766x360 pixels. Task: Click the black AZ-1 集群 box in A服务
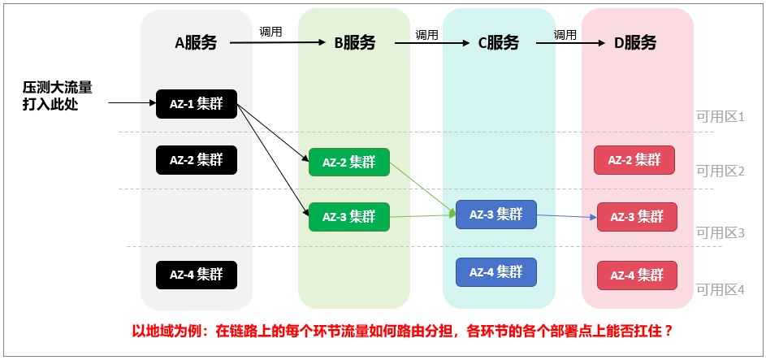coord(197,103)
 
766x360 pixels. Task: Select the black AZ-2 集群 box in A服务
coord(197,159)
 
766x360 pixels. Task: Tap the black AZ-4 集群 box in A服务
coord(197,275)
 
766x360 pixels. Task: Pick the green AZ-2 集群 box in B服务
coord(349,162)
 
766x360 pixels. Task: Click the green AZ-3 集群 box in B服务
coord(349,217)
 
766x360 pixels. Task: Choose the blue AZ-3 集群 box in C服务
coord(496,214)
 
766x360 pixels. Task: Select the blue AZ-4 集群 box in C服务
coord(496,271)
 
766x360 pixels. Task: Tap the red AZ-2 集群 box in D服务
coord(634,160)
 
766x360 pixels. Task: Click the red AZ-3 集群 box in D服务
coord(636,217)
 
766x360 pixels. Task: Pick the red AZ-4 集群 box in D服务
coord(636,275)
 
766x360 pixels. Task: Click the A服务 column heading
coord(197,43)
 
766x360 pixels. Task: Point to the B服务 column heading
coord(355,43)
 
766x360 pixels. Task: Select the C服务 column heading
coord(498,43)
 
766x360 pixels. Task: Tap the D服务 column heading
coord(635,43)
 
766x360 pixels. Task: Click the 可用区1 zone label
coord(721,117)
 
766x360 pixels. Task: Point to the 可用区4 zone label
coord(721,289)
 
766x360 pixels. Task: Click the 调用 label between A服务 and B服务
coord(270,32)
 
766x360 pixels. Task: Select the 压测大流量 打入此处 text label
coord(57,95)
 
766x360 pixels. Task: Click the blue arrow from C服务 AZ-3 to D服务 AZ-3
coord(566,216)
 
